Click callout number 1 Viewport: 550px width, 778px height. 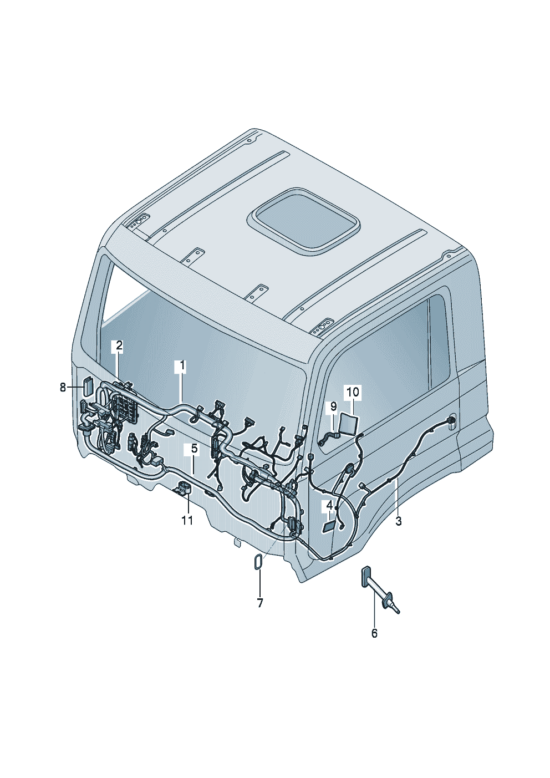click(182, 366)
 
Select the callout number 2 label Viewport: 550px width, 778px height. click(119, 345)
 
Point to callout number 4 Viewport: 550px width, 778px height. click(329, 505)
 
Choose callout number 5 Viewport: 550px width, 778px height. click(194, 449)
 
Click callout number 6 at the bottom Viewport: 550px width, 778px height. click(374, 633)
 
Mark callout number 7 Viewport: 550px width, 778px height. click(260, 603)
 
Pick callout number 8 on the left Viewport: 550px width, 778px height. click(63, 387)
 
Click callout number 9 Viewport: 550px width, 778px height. click(333, 406)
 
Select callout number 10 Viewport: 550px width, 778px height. click(353, 392)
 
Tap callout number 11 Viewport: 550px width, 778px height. click(187, 521)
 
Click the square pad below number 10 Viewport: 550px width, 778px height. click(348, 424)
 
